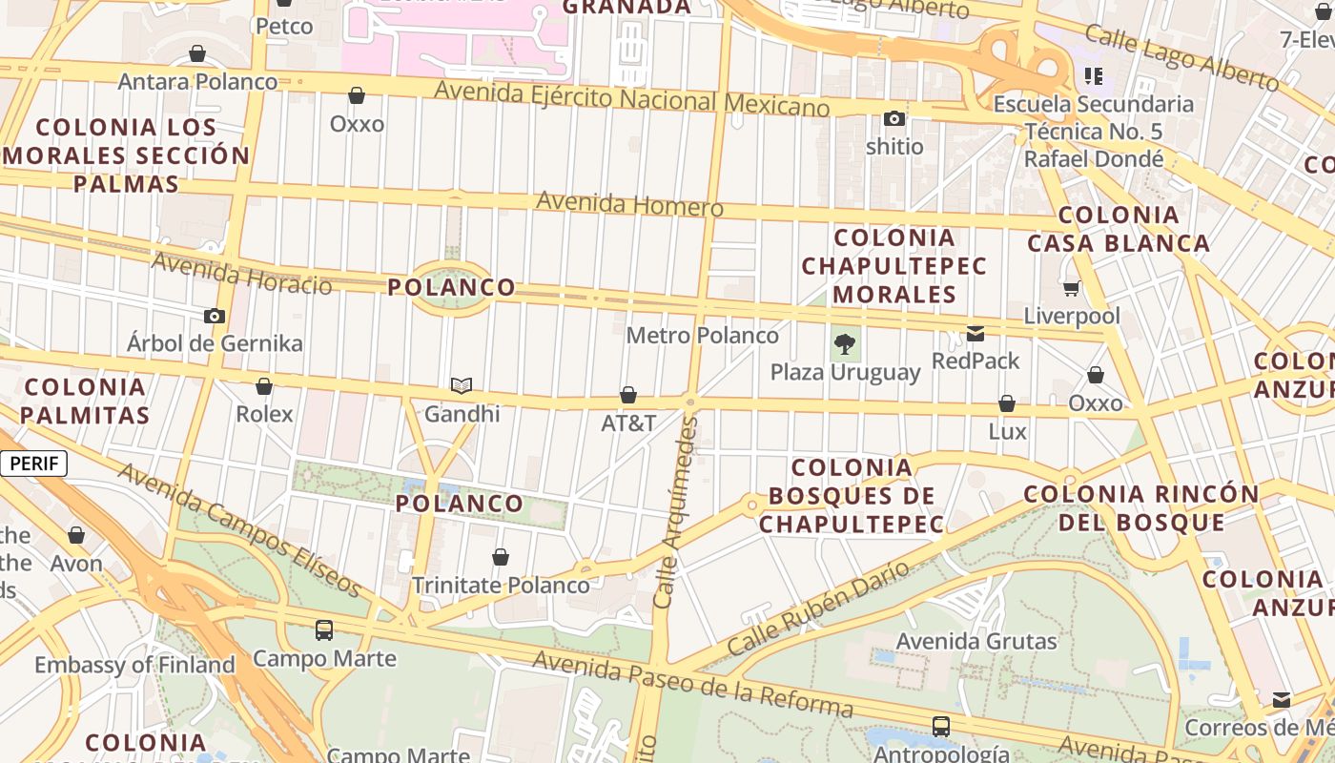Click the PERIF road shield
point(34,464)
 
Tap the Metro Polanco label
point(702,336)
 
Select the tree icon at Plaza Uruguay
point(844,344)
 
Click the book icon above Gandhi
point(462,385)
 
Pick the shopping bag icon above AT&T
point(628,395)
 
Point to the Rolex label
point(264,415)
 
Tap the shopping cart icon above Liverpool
point(1072,288)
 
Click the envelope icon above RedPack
point(976,334)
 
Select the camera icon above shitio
point(894,119)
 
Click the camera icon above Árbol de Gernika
point(215,316)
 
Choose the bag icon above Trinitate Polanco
point(501,557)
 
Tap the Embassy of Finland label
point(134,665)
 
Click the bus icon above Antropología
point(941,727)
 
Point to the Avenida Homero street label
point(629,204)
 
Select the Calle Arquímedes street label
point(675,512)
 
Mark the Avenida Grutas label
point(976,641)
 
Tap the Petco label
point(284,26)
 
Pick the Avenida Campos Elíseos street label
point(239,529)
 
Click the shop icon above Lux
point(1007,404)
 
